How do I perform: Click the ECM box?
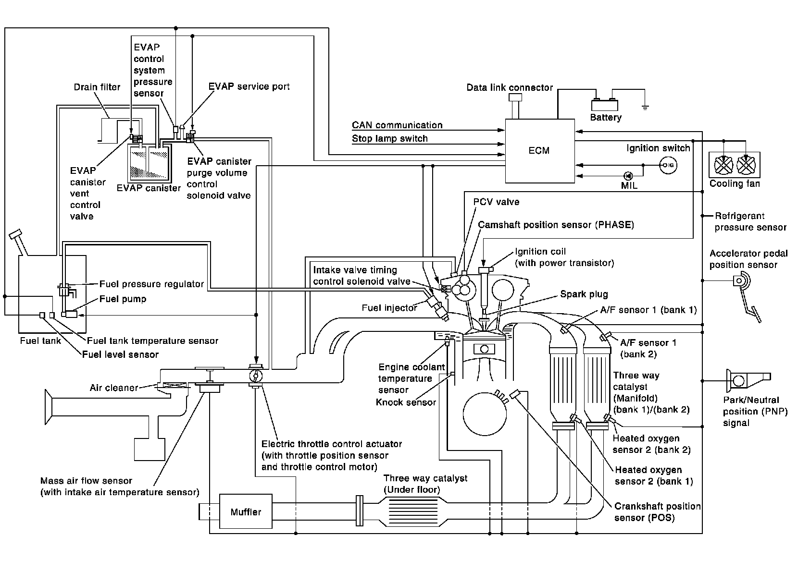539,150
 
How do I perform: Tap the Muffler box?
246,512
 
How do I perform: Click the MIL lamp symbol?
627,176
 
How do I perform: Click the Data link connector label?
510,87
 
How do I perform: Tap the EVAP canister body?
147,163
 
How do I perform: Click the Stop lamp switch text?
389,138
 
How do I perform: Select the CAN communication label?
397,125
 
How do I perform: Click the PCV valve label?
496,202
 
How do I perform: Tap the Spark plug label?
584,294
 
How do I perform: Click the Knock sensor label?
406,402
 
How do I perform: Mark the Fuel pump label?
123,299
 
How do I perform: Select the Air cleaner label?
114,388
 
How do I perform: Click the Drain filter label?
97,87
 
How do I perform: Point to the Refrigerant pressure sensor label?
750,221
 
